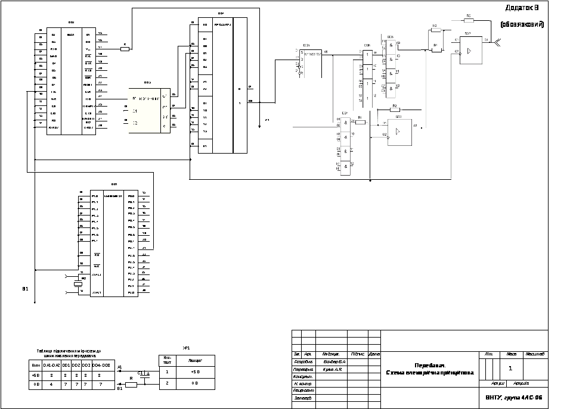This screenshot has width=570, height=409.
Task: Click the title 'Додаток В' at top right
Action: coord(522,8)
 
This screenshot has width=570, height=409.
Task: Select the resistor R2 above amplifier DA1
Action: coord(394,110)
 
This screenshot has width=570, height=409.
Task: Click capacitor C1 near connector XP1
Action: coord(142,374)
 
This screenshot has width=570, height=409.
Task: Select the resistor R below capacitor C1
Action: coord(131,385)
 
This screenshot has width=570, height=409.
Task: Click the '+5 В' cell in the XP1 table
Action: coord(194,371)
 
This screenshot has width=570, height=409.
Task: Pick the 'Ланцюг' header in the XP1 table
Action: coord(194,360)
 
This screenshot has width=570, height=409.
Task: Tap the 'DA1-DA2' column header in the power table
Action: coord(52,365)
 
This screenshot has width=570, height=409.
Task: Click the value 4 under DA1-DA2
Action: coord(52,385)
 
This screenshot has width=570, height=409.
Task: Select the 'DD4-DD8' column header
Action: coord(103,365)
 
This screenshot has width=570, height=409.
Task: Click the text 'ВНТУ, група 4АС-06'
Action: coord(513,397)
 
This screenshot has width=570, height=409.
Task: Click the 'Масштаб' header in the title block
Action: coord(535,354)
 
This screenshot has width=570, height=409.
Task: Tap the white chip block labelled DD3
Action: coord(149,110)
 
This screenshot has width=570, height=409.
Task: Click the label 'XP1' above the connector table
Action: coord(186,347)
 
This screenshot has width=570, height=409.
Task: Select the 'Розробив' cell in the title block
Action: coord(303,361)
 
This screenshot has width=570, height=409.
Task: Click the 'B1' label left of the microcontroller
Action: coord(25,289)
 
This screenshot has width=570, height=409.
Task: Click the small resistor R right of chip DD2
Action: coord(125,49)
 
